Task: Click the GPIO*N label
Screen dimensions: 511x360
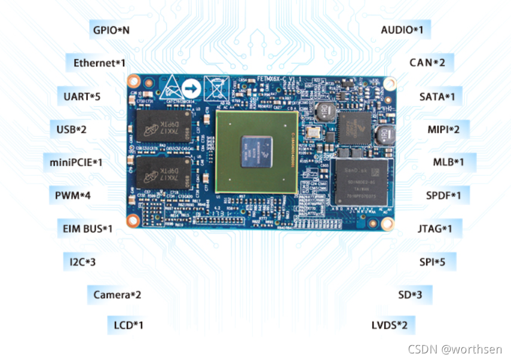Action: pos(111,29)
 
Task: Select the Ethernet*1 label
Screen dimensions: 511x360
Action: pos(99,63)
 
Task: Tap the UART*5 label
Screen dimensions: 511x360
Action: pos(82,96)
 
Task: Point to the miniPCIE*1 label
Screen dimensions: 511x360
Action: pos(76,162)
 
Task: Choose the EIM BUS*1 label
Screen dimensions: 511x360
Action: pos(87,228)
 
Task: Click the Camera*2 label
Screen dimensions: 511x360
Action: pos(117,295)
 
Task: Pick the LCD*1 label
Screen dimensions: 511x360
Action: pos(128,326)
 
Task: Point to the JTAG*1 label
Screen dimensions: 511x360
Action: pos(434,228)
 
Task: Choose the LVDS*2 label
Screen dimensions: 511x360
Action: pos(389,325)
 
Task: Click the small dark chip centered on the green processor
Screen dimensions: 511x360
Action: pos(257,151)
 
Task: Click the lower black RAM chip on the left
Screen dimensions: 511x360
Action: pos(161,173)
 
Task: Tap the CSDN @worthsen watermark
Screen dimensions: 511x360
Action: pos(455,349)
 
